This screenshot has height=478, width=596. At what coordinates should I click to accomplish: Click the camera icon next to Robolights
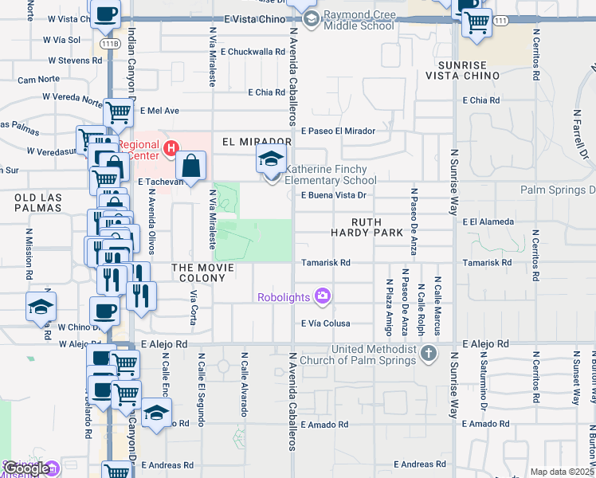[322, 297]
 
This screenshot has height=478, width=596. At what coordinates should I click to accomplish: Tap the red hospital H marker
[169, 147]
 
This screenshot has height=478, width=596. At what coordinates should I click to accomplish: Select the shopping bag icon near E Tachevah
[192, 167]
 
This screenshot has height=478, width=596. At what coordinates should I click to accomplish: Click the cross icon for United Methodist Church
[429, 352]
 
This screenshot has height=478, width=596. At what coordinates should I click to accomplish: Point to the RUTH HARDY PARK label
[368, 227]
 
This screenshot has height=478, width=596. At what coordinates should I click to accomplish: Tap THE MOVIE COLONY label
[202, 268]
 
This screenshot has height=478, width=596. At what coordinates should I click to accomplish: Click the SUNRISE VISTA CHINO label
[468, 69]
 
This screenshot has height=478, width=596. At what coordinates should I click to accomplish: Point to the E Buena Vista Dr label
[333, 194]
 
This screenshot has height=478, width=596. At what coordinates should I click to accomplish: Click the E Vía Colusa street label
[325, 323]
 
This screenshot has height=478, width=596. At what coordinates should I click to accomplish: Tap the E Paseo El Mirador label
[338, 131]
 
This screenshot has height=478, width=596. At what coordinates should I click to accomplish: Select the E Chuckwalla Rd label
[250, 52]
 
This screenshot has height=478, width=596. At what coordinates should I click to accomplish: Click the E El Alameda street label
[489, 222]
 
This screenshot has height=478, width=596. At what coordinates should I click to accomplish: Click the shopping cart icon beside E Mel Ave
[118, 115]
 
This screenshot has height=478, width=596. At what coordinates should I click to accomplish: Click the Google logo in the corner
[25, 468]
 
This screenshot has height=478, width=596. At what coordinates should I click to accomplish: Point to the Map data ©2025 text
[561, 472]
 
